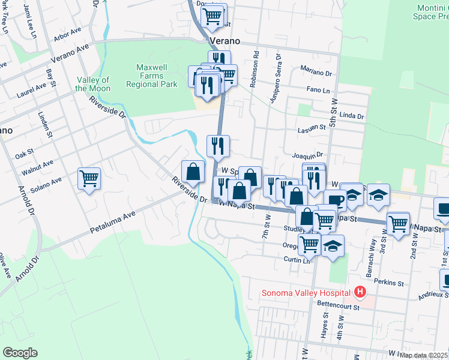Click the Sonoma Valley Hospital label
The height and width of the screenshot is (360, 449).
(305, 293)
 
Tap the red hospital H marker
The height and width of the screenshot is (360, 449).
(360, 292)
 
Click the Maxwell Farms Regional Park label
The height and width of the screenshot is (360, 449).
(151, 76)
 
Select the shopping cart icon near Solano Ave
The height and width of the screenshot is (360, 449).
(89, 178)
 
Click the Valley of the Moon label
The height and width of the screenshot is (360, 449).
(92, 84)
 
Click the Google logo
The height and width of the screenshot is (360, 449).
(20, 353)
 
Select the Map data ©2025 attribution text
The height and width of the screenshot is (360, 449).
(424, 355)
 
